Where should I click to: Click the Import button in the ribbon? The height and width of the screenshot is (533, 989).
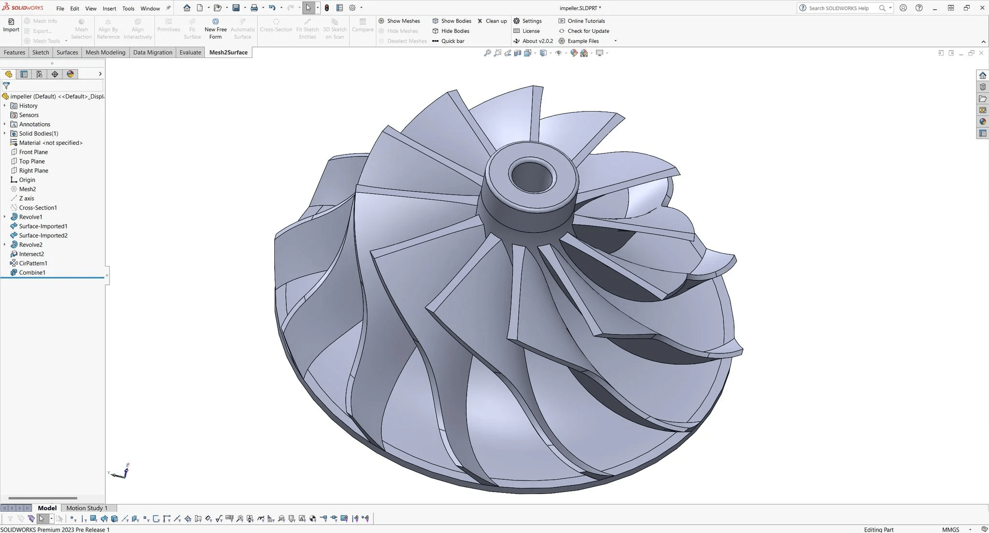11,25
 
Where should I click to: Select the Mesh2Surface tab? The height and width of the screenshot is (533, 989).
228,52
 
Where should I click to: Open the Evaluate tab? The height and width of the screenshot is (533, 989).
190,52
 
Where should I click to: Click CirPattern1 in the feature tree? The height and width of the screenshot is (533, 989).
33,263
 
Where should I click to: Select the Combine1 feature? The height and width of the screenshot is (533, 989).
32,272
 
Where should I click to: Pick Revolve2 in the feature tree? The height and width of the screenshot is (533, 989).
30,245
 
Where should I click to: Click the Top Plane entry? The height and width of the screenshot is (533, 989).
32,161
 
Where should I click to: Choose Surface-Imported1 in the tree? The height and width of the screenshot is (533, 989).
43,226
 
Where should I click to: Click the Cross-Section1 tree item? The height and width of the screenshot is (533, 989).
38,208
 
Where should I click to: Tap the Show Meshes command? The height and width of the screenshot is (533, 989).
403,21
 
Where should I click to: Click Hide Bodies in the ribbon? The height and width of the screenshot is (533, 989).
454,31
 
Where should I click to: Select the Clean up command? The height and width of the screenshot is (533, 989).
495,21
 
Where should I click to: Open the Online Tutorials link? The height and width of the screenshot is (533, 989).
586,21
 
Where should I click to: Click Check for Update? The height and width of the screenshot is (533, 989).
588,31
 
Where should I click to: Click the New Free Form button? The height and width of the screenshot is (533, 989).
215,29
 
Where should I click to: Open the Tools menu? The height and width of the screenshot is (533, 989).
128,8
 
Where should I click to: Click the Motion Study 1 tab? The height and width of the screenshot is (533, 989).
87,508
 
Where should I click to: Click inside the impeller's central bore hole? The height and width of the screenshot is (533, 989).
531,177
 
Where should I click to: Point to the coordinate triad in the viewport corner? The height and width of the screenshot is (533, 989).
120,473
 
